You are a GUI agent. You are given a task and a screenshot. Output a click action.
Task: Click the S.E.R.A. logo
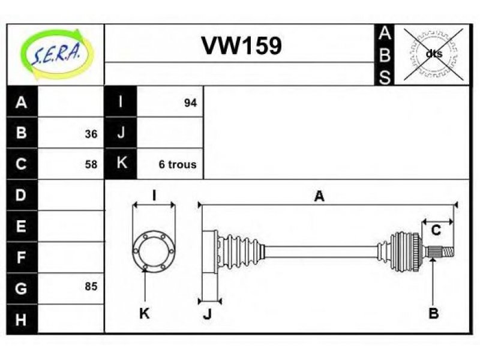tap(57, 54)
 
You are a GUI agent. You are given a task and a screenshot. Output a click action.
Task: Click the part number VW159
tap(241, 46)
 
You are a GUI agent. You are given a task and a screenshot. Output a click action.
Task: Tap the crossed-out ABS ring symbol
tap(433, 54)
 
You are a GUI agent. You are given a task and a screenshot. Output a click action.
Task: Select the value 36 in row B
tap(91, 134)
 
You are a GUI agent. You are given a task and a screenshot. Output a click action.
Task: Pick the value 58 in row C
tap(91, 164)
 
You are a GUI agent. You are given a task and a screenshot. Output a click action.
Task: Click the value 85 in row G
tap(91, 286)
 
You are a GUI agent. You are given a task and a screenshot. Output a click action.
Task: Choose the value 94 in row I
tap(190, 103)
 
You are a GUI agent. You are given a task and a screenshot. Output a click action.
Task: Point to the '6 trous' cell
tap(178, 164)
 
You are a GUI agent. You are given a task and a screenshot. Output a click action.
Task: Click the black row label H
tap(22, 319)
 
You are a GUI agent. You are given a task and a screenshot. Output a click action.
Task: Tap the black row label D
tap(22, 195)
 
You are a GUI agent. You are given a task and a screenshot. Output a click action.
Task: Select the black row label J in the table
tap(121, 133)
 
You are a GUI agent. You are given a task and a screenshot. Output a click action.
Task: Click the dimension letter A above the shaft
tap(319, 196)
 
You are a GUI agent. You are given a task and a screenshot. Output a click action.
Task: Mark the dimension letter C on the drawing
tap(436, 230)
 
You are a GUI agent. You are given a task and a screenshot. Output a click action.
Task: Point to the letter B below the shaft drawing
tap(433, 313)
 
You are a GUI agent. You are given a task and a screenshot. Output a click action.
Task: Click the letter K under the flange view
tap(144, 313)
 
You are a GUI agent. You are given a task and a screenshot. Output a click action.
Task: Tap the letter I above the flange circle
tap(154, 196)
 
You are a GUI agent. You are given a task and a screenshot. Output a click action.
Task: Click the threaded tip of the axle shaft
tap(448, 251)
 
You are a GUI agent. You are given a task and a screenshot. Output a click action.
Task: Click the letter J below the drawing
tap(208, 314)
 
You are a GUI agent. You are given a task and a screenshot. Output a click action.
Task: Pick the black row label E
tap(22, 226)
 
